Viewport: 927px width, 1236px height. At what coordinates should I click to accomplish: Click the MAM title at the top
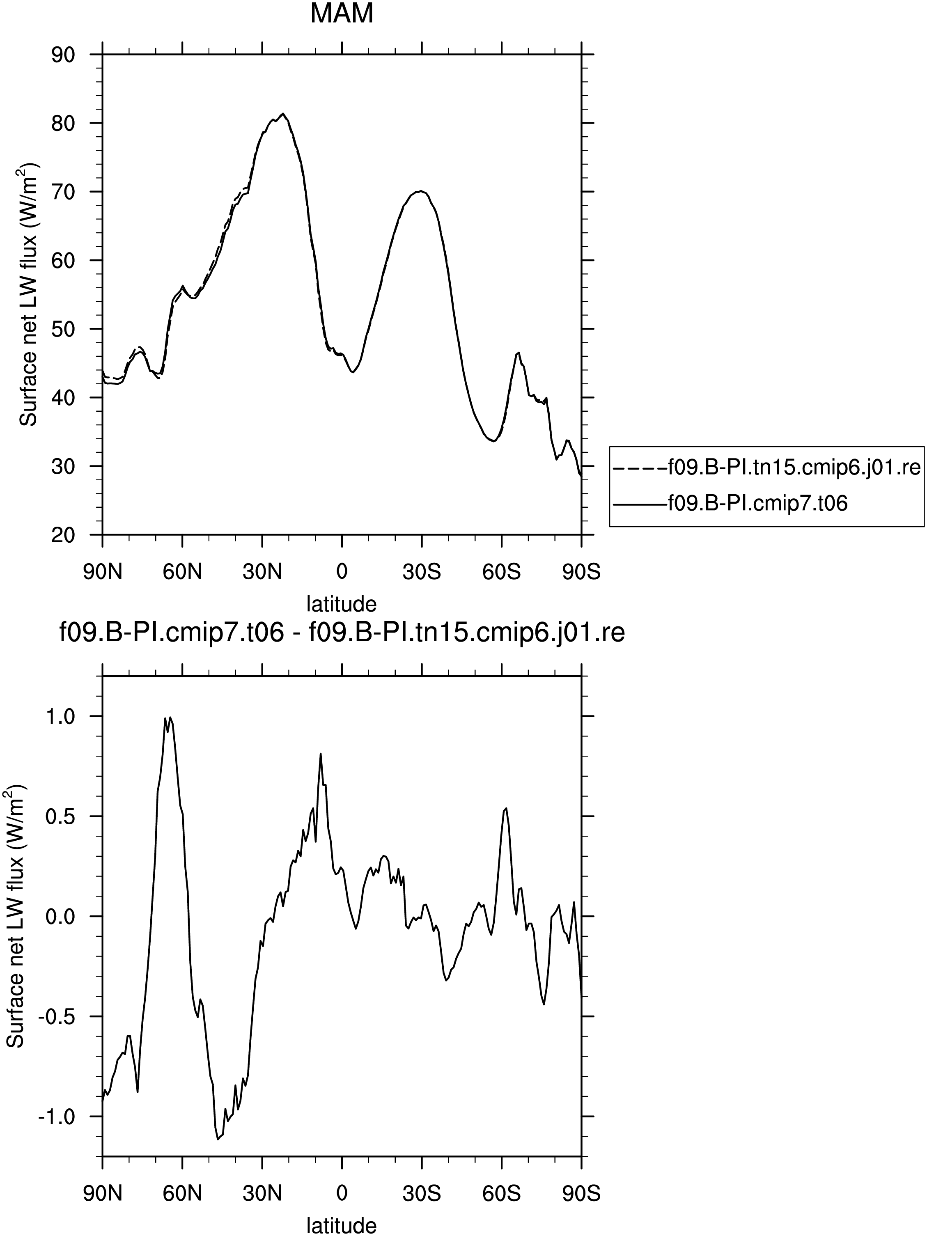point(342,14)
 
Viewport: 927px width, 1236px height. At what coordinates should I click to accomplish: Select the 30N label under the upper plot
point(262,572)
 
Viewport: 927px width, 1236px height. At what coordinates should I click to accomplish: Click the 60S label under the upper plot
point(501,572)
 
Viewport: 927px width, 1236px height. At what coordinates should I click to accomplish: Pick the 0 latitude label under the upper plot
point(342,572)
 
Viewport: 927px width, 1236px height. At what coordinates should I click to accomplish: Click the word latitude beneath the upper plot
point(342,604)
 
